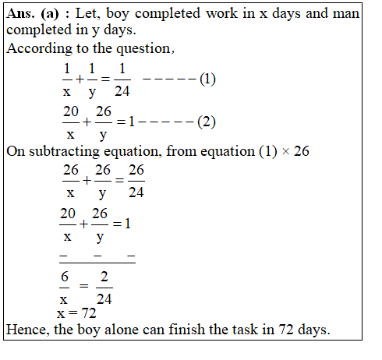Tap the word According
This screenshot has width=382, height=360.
point(37,50)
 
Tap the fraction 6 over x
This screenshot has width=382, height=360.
point(65,287)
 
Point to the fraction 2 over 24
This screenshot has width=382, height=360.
point(104,287)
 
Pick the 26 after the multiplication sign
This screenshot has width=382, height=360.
point(301,151)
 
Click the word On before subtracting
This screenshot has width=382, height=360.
point(16,151)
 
